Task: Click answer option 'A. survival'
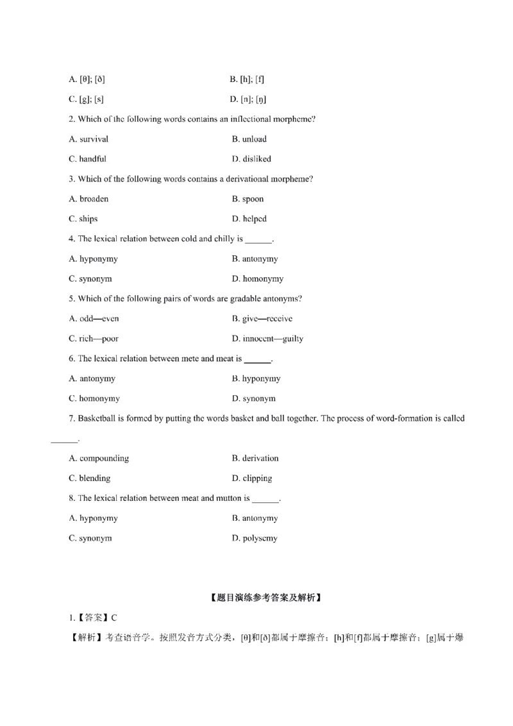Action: pyautogui.click(x=88, y=139)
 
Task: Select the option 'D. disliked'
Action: pyautogui.click(x=251, y=159)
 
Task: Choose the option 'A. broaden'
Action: pyautogui.click(x=88, y=199)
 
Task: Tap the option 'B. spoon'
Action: pyautogui.click(x=248, y=199)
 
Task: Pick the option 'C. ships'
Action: pyautogui.click(x=83, y=219)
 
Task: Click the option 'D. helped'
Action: pyautogui.click(x=249, y=219)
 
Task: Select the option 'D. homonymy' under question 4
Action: pyautogui.click(x=257, y=279)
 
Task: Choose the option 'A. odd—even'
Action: pyautogui.click(x=94, y=319)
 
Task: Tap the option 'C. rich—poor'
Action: pyautogui.click(x=94, y=339)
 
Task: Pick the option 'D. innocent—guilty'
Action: pyautogui.click(x=267, y=339)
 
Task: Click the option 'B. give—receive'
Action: pyautogui.click(x=262, y=319)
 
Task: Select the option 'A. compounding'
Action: pyautogui.click(x=99, y=459)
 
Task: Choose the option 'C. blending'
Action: pyautogui.click(x=90, y=478)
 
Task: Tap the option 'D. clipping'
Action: pyautogui.click(x=251, y=478)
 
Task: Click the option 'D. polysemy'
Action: pyautogui.click(x=255, y=538)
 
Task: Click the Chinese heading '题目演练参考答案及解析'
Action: pyautogui.click(x=265, y=598)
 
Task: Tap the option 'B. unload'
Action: pyautogui.click(x=249, y=139)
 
